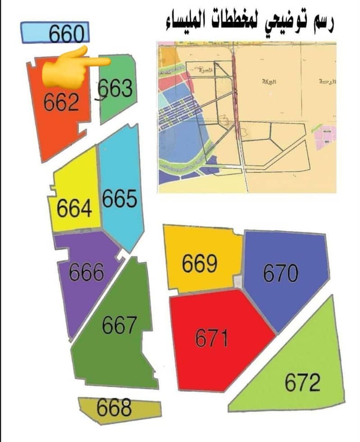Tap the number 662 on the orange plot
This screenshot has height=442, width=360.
click(x=62, y=103)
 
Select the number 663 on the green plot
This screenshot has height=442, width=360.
click(x=116, y=89)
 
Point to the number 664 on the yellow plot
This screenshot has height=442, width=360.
click(x=75, y=209)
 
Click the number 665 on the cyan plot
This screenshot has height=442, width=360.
click(x=119, y=199)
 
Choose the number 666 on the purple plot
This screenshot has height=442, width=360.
click(x=87, y=272)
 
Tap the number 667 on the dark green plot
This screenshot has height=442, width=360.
click(x=119, y=325)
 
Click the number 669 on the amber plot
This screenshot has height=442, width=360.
click(x=200, y=264)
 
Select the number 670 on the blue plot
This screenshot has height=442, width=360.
click(x=280, y=273)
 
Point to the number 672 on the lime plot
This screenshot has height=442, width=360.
click(x=302, y=383)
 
